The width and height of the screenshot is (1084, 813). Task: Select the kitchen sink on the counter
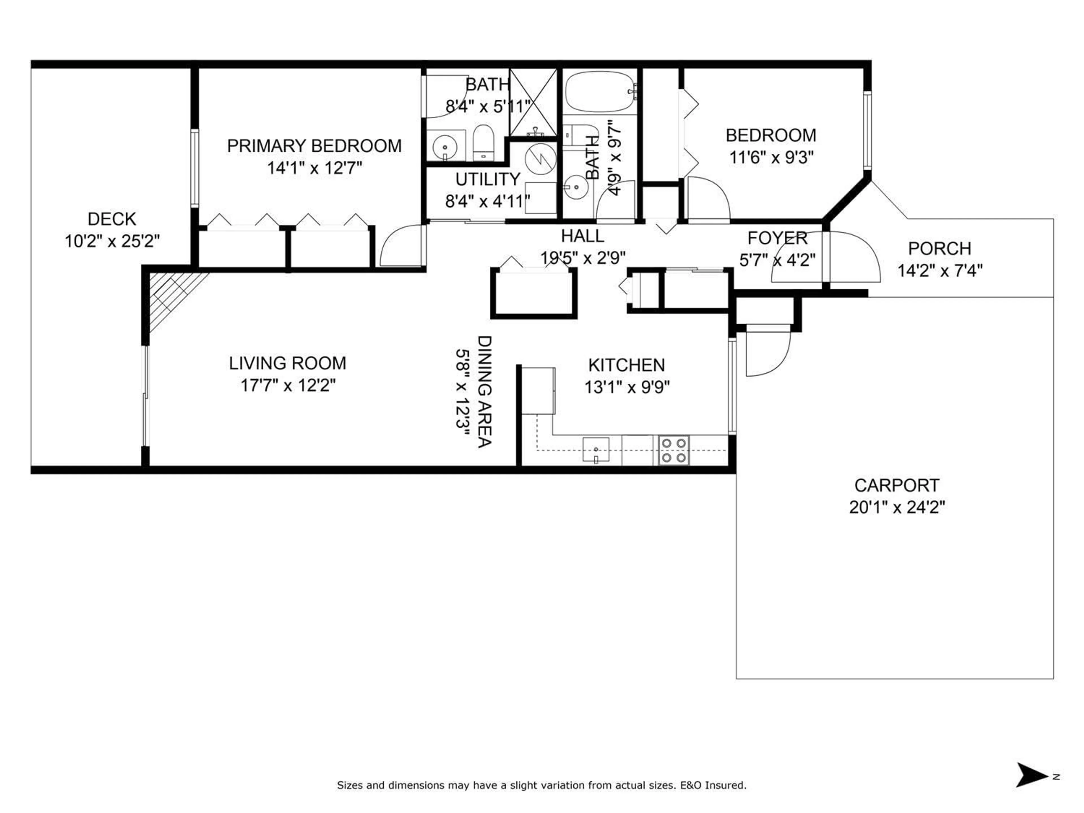coord(595,449)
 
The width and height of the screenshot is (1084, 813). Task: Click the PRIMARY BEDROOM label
coord(314,146)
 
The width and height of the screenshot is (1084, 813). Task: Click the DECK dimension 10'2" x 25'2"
coord(112,241)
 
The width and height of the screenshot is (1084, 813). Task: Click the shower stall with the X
coord(533,103)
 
